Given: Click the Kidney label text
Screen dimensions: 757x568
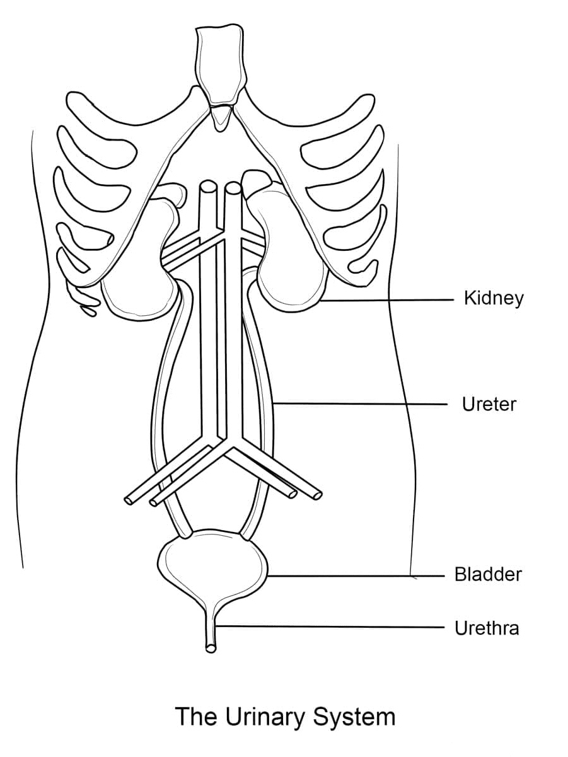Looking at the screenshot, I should (x=493, y=298).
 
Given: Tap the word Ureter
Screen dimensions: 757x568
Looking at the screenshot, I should (x=489, y=404).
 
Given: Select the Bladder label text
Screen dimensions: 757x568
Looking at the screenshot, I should (x=488, y=575).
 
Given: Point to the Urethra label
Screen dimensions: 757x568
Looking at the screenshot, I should (x=487, y=628).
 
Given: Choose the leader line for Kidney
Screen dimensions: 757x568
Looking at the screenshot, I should (x=385, y=301).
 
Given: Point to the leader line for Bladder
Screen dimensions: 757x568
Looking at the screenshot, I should (x=353, y=575).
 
